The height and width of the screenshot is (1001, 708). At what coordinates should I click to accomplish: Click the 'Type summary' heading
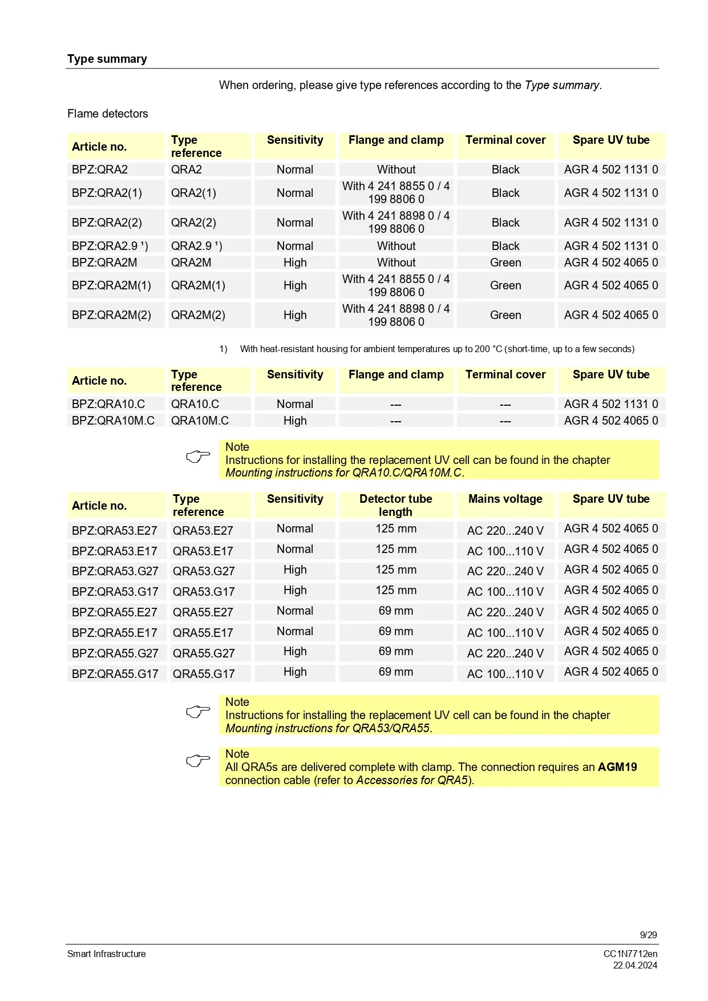(107, 59)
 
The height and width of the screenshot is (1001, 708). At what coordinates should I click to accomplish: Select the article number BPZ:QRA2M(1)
(111, 285)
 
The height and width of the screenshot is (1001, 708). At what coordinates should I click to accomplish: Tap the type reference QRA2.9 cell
(196, 246)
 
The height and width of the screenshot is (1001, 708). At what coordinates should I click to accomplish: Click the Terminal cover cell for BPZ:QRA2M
(505, 263)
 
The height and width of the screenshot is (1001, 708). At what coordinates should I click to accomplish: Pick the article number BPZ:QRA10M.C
(113, 421)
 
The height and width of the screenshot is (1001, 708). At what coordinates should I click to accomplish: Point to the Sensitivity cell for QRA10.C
(295, 404)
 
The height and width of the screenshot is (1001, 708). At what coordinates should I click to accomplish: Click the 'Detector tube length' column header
(395, 505)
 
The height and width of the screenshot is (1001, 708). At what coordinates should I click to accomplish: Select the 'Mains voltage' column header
(505, 499)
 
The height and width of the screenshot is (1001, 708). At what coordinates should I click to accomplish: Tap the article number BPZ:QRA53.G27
(115, 571)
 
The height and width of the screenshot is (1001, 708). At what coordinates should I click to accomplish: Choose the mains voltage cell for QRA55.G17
(505, 674)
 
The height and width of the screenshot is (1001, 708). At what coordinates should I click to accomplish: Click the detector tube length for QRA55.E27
(395, 611)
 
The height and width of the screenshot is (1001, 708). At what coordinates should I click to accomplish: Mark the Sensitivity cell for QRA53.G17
(295, 590)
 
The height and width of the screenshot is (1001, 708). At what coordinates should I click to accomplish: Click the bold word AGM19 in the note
(617, 767)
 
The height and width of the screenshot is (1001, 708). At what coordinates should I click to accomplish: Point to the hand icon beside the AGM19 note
(198, 761)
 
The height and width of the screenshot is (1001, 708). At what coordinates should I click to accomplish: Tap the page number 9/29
(648, 935)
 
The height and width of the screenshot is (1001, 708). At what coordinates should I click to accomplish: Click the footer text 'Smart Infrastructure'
(106, 954)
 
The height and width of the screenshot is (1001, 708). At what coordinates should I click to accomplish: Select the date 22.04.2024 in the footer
(635, 965)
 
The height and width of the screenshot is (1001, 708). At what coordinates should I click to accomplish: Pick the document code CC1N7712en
(630, 954)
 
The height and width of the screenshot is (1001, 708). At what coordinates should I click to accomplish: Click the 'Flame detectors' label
(107, 114)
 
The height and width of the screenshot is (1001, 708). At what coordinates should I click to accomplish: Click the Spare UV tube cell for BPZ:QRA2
(610, 169)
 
